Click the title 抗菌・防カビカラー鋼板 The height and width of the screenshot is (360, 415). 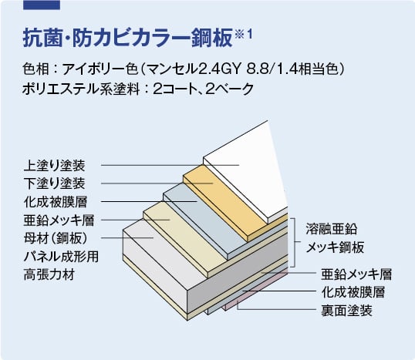click(x=128, y=38)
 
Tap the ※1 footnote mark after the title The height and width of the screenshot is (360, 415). click(x=243, y=34)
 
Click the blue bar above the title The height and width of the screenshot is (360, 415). click(x=42, y=5)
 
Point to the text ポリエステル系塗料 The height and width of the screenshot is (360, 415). click(x=81, y=89)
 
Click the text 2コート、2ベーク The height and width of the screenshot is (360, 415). click(x=204, y=89)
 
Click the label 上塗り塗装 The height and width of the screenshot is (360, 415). click(x=55, y=165)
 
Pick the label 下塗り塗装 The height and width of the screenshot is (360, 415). click(x=55, y=183)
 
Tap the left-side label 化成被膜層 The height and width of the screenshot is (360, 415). click(x=56, y=201)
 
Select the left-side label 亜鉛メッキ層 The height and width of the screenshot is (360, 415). click(x=59, y=220)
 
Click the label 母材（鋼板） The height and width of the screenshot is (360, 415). click(x=56, y=238)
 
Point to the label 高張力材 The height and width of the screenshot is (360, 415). click(x=49, y=274)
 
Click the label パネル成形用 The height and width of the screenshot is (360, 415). click(x=61, y=256)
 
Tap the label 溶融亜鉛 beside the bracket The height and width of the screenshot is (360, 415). click(x=332, y=229)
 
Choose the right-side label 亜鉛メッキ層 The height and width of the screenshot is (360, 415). click(x=356, y=274)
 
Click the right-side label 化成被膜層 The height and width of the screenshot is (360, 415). click(x=353, y=292)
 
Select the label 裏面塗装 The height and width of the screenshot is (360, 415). click(x=346, y=311)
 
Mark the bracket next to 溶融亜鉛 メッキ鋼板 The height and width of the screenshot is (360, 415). click(x=295, y=242)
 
